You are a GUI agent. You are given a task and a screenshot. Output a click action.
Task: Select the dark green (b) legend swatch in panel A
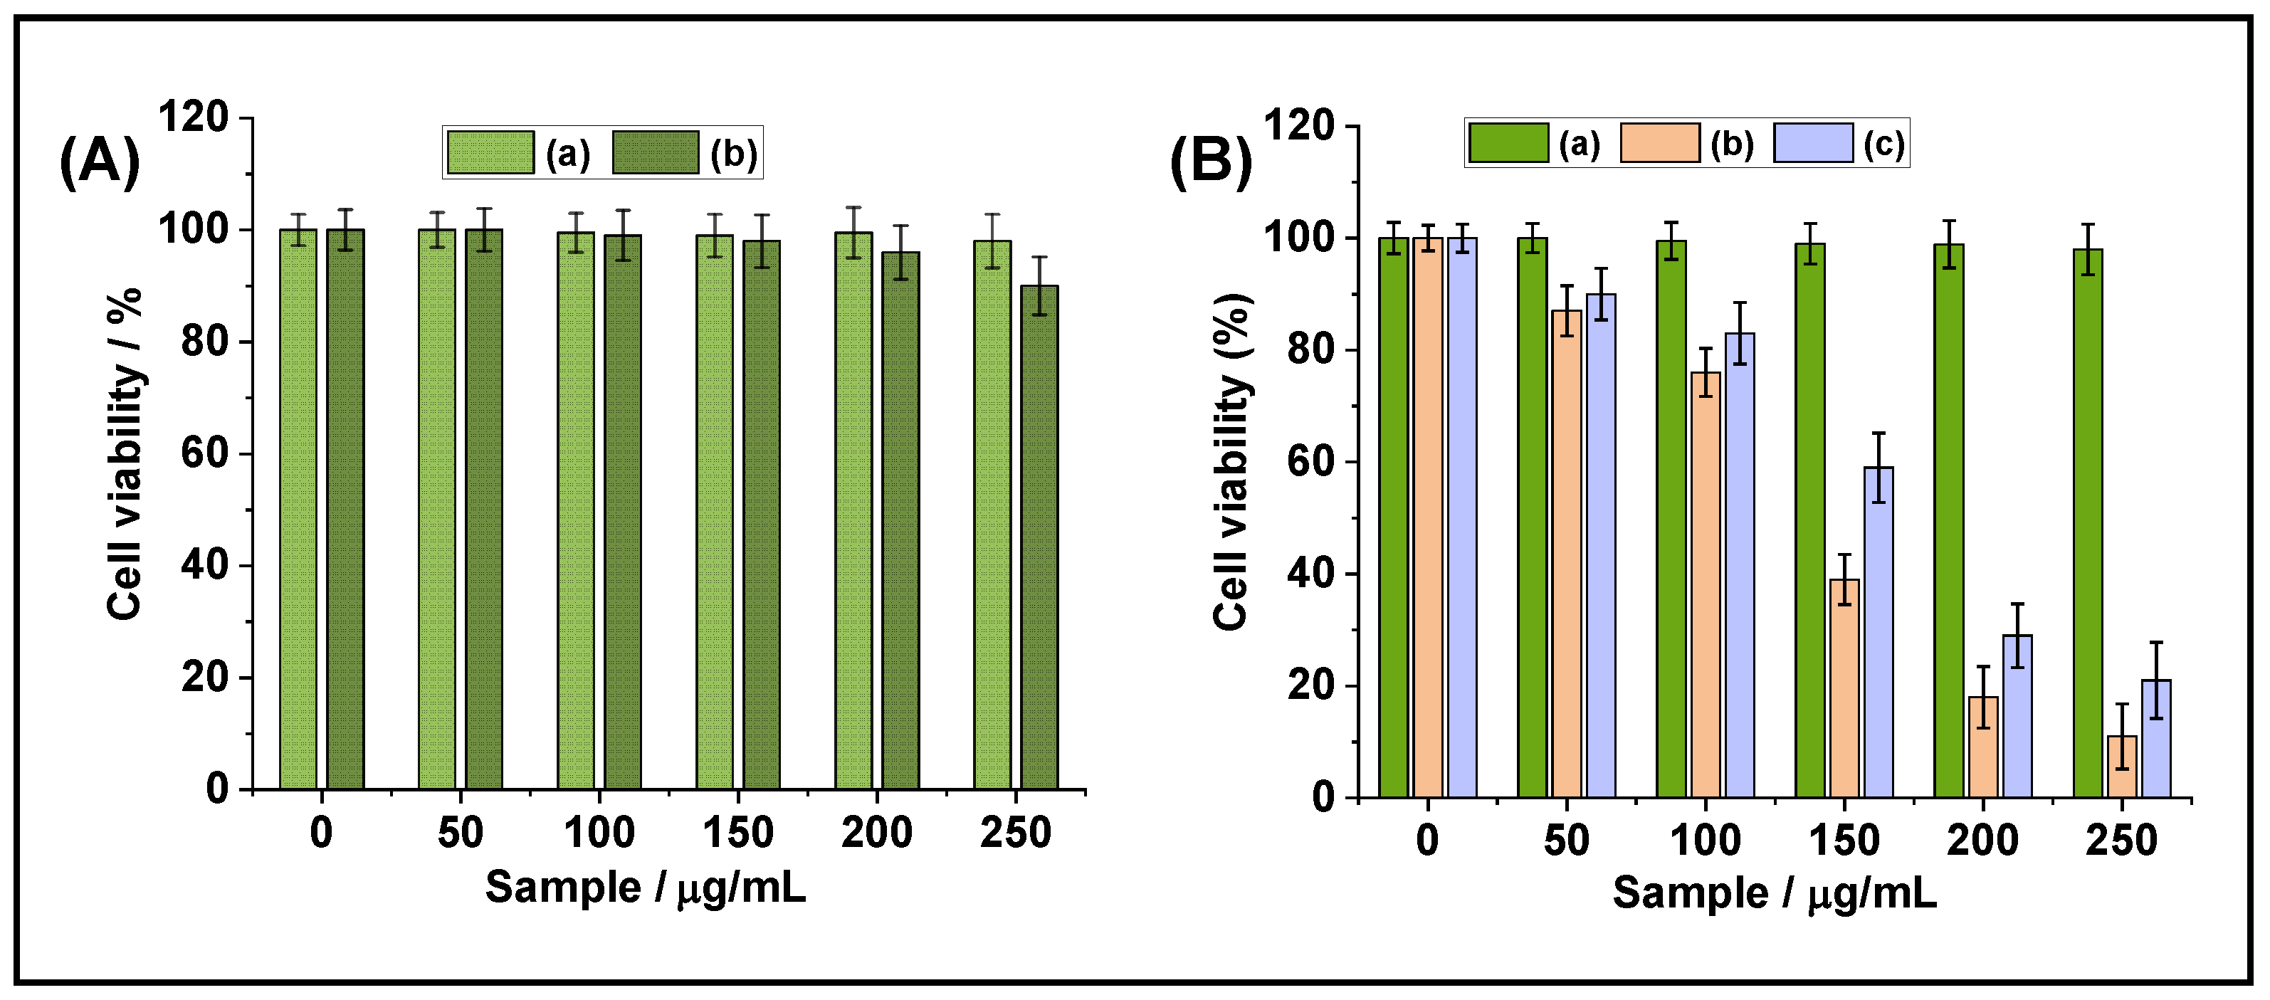pyautogui.click(x=656, y=152)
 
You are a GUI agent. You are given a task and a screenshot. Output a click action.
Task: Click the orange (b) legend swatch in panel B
pyautogui.click(x=1659, y=143)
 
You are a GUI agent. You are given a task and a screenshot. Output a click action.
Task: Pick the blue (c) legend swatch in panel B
pyautogui.click(x=1814, y=143)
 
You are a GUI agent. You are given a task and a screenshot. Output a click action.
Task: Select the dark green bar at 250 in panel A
pyautogui.click(x=1039, y=537)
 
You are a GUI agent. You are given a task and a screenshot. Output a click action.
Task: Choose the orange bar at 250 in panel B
pyautogui.click(x=2122, y=767)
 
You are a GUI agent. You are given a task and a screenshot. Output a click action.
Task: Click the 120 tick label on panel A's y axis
pyautogui.click(x=193, y=117)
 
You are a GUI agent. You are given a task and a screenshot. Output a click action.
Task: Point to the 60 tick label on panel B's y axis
pyautogui.click(x=1310, y=462)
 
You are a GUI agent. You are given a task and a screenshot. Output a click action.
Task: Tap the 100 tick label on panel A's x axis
pyautogui.click(x=599, y=833)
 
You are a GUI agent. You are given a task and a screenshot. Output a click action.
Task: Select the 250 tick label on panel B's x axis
pyautogui.click(x=2121, y=841)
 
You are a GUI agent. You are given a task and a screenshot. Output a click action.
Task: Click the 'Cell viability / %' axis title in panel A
pyautogui.click(x=125, y=454)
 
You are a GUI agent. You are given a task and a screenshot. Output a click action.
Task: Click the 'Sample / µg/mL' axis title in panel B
pyautogui.click(x=1775, y=893)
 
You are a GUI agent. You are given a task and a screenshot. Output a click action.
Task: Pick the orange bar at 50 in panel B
pyautogui.click(x=1566, y=554)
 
